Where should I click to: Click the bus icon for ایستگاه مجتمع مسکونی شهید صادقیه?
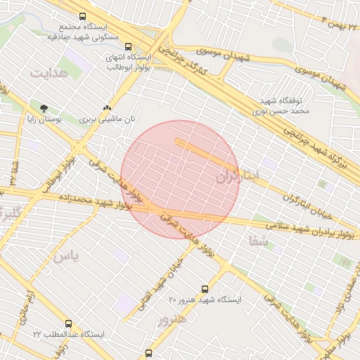pos(83,16)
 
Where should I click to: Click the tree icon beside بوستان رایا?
pos(44,108)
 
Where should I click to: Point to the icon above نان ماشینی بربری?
pos(106,108)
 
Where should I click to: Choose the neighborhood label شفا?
pos(258,240)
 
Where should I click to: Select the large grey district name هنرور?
pos(172,321)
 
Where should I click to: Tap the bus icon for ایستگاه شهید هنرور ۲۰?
pos(205,288)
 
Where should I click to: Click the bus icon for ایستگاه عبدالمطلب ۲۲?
pos(67,323)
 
